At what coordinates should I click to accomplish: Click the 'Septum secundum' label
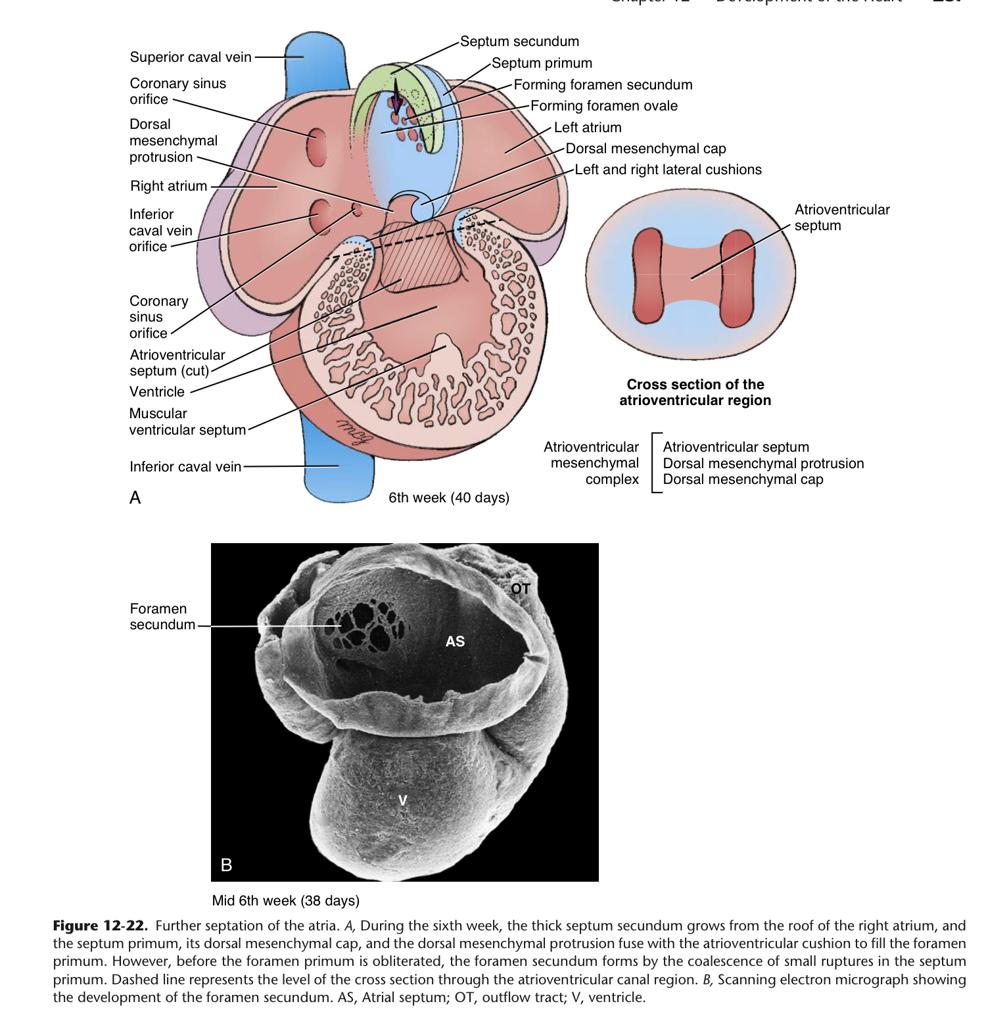pos(519,41)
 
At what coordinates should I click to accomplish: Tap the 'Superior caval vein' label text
pos(191,57)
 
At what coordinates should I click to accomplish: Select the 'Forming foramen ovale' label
pos(603,106)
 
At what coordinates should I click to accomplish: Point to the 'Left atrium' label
pos(587,128)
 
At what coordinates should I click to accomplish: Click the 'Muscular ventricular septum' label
pos(187,421)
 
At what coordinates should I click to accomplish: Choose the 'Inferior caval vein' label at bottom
pos(185,467)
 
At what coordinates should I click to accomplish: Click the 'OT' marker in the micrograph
pos(521,589)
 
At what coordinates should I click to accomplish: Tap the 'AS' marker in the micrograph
pos(455,642)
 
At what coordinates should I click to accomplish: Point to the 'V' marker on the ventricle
pos(403,800)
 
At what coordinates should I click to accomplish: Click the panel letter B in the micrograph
pos(227,865)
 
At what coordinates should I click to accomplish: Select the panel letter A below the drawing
pos(135,498)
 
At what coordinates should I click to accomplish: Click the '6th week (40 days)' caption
pos(449,498)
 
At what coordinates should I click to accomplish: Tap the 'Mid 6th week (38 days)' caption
pos(286,901)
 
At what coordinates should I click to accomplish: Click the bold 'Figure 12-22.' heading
pos(100,926)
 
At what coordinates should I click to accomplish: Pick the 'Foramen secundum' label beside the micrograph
pos(162,617)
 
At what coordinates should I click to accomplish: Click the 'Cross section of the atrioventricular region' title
pos(695,393)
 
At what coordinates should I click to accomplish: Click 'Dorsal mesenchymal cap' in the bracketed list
pos(743,479)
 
